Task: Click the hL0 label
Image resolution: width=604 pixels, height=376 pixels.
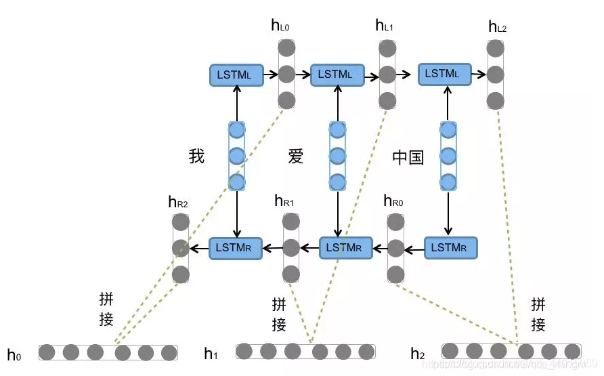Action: [x=280, y=26]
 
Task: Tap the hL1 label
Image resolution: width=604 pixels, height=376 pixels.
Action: [x=384, y=26]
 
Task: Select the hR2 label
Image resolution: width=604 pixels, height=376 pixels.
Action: [x=178, y=201]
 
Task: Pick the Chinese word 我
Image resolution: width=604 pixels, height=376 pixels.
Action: [x=196, y=156]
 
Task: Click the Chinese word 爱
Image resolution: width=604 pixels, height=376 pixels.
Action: [x=296, y=156]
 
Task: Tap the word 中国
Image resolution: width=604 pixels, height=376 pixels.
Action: [x=408, y=157]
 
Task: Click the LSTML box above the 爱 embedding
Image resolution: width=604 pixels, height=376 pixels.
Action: [x=337, y=74]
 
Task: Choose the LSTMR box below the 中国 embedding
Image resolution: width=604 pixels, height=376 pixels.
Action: [x=450, y=248]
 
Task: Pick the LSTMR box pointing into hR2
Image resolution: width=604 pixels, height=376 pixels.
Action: [x=235, y=248]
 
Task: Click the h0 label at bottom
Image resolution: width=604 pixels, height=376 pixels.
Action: [x=14, y=354]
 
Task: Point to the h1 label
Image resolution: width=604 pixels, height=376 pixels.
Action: [x=211, y=353]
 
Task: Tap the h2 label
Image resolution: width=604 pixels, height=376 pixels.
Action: [x=418, y=354]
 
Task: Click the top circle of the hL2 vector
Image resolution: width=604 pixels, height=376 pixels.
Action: [x=496, y=49]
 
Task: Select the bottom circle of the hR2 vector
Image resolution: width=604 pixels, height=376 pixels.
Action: [x=180, y=274]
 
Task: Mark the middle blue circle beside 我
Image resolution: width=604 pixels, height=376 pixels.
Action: [x=236, y=156]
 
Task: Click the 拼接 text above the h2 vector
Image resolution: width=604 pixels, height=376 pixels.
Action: [x=538, y=314]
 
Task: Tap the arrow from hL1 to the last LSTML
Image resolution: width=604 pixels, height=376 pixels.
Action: [x=405, y=74]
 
